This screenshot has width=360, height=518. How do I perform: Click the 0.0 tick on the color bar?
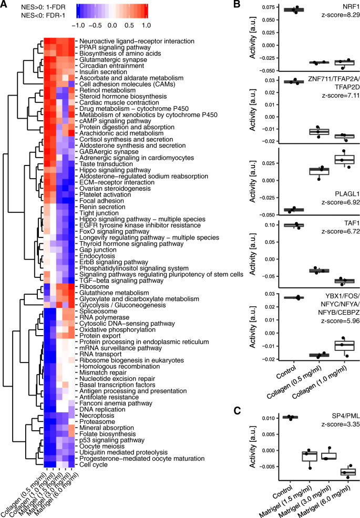tap(112, 24)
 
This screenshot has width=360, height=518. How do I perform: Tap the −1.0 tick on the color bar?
tap(78, 24)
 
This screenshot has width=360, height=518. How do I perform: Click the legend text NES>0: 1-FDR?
tap(29, 7)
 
